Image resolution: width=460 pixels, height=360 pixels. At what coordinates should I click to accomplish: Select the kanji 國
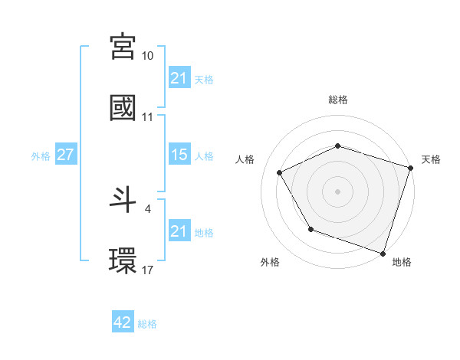pyautogui.click(x=123, y=108)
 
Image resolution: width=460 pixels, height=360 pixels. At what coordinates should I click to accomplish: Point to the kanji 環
pyautogui.click(x=123, y=261)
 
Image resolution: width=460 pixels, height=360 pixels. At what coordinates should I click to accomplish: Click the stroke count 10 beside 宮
pyautogui.click(x=148, y=56)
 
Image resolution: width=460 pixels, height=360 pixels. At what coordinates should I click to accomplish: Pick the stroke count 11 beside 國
pyautogui.click(x=148, y=117)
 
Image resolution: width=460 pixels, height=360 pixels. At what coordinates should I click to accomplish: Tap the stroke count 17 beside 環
pyautogui.click(x=148, y=270)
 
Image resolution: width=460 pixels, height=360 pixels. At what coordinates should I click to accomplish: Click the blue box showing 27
pyautogui.click(x=65, y=155)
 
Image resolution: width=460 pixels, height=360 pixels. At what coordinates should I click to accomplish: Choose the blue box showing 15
pyautogui.click(x=179, y=155)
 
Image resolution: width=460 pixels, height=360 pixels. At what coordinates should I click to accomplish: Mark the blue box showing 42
pyautogui.click(x=123, y=323)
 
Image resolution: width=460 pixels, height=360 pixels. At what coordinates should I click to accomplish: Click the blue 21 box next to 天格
pyautogui.click(x=179, y=77)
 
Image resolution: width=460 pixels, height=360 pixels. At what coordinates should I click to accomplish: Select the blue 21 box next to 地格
pyautogui.click(x=179, y=231)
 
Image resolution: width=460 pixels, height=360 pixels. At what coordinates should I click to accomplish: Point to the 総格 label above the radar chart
pyautogui.click(x=338, y=100)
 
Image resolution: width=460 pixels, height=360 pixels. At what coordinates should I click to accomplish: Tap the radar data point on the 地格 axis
pyautogui.click(x=383, y=252)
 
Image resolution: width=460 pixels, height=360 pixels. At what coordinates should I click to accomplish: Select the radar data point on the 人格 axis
pyautogui.click(x=280, y=172)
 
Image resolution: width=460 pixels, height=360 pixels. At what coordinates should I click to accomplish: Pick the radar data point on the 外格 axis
pyautogui.click(x=310, y=229)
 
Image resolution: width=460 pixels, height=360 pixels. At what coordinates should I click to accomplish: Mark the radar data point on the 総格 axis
pyautogui.click(x=338, y=146)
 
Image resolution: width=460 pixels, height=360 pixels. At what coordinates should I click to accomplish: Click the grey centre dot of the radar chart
pyautogui.click(x=338, y=191)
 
